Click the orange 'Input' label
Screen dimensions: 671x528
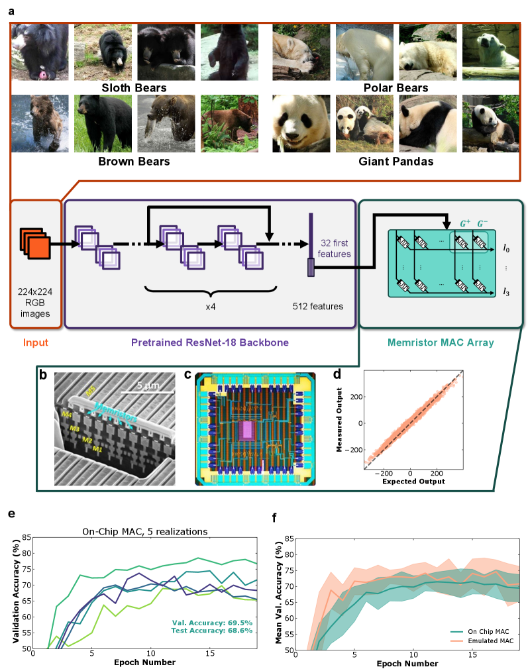point(36,343)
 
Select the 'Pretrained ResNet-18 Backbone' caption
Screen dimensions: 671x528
point(210,343)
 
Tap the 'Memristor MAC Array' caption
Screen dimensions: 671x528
point(441,343)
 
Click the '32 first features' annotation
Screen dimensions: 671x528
point(336,248)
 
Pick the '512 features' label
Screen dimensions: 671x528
point(318,307)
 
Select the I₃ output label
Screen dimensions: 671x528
point(506,291)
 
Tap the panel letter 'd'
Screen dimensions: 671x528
point(337,374)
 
